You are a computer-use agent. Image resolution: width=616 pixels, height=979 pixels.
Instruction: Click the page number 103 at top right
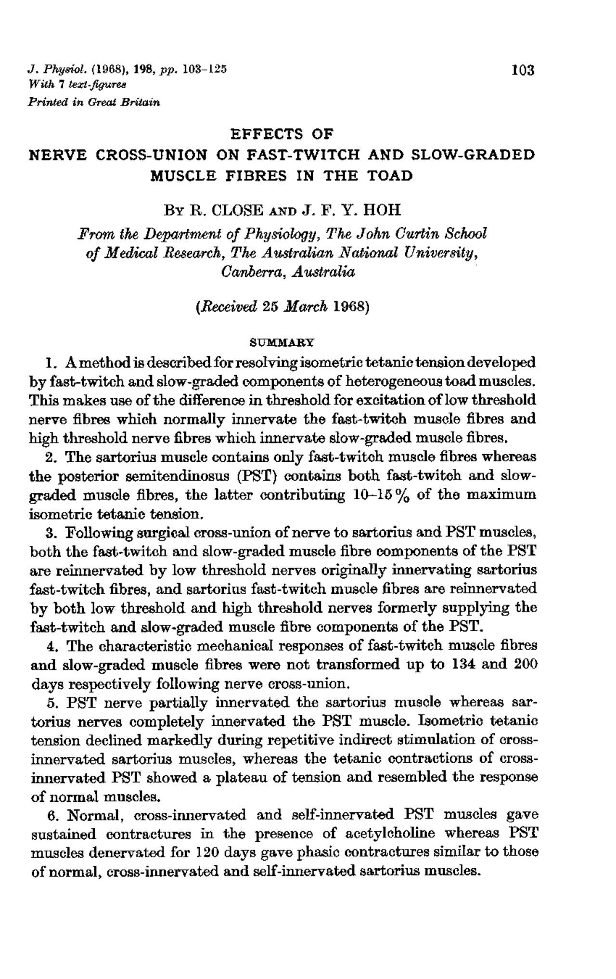tap(523, 71)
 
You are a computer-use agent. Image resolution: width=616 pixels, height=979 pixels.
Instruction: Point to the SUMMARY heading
tap(282, 343)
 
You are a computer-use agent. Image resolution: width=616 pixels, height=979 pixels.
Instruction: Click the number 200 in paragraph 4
tap(526, 665)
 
